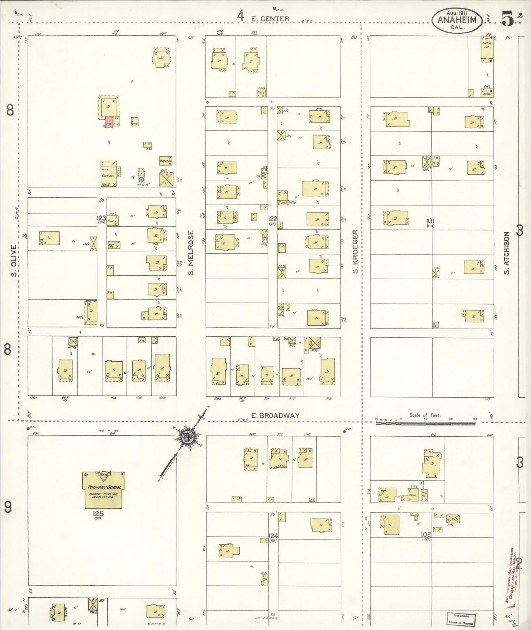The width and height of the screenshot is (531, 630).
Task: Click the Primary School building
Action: click(104, 490)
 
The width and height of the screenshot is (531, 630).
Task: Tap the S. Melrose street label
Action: click(191, 253)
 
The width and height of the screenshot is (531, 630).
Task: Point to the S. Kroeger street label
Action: click(355, 252)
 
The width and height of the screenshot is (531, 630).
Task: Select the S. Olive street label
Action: click(14, 261)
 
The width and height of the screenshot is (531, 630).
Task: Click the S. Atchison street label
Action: click(507, 253)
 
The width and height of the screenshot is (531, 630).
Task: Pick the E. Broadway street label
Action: click(275, 415)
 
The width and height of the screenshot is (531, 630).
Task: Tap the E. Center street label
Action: click(270, 18)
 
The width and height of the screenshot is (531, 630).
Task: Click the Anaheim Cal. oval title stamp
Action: click(457, 20)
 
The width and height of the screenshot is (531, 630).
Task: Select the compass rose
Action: click(189, 437)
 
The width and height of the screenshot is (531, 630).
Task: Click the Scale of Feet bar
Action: click(425, 423)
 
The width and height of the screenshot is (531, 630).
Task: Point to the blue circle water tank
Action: click(141, 180)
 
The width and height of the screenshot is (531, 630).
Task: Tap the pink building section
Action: click(109, 121)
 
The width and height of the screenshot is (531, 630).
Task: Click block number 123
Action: click(101, 218)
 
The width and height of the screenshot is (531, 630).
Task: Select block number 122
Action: click(272, 219)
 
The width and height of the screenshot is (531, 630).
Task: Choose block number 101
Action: click(430, 221)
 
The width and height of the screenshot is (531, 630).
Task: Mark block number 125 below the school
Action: click(98, 514)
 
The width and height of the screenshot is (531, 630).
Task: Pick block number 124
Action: click(273, 536)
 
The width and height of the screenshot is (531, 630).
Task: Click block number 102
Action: click(426, 534)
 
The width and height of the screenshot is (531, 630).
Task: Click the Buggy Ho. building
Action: click(165, 161)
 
